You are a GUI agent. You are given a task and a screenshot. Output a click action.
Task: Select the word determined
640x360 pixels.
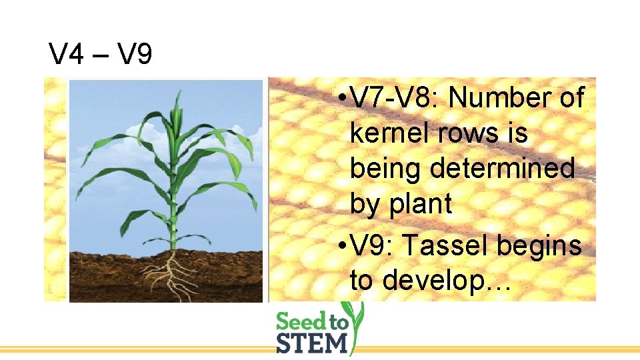[502, 169]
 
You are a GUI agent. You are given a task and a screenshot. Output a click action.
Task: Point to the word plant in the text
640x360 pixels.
[419, 204]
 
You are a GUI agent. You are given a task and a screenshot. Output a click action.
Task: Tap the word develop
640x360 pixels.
[439, 281]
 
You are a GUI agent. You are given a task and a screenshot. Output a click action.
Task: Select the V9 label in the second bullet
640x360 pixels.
[368, 246]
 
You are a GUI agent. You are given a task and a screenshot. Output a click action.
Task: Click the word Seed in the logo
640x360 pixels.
[302, 322]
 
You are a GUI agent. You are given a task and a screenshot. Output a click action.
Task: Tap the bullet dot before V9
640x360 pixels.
[341, 247]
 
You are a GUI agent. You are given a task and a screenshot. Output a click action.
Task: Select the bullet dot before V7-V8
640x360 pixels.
[341, 99]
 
